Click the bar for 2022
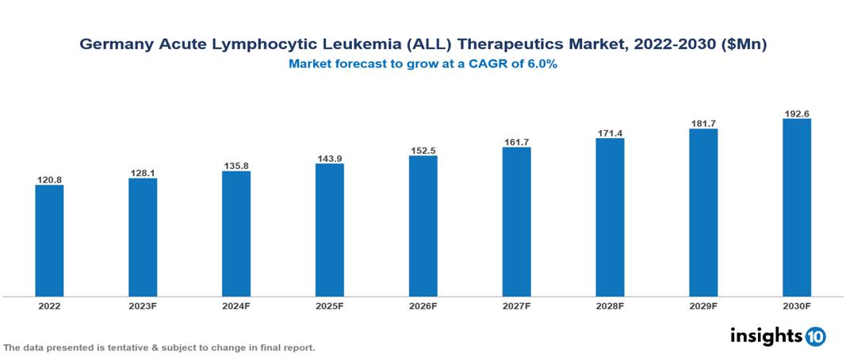tap(49, 241)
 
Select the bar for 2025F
tap(329, 230)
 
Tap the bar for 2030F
tap(796, 208)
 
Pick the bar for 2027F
tap(516, 222)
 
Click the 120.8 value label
tap(49, 180)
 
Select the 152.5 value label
tap(423, 150)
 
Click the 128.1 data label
tap(143, 173)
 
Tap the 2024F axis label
tap(236, 305)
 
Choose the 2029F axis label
tap(702, 305)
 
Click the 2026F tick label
tap(423, 305)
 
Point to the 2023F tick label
tap(143, 305)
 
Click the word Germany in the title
tap(114, 46)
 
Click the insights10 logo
tap(778, 336)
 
